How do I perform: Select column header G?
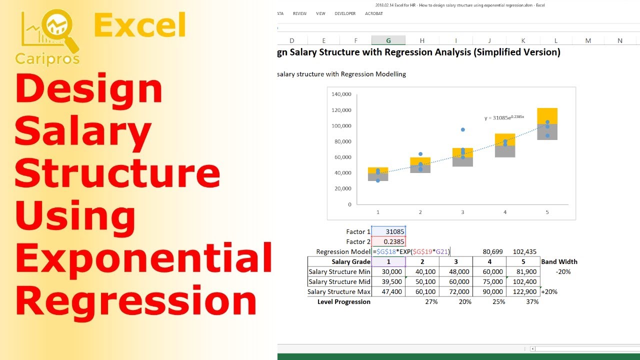click(388, 40)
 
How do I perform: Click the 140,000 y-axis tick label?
click(341, 94)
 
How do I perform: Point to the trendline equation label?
click(504, 117)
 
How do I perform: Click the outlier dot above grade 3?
click(463, 129)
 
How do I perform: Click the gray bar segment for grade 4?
click(505, 151)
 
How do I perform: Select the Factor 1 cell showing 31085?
click(388, 231)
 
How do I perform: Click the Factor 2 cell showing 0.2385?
click(388, 241)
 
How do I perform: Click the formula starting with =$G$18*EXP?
click(411, 251)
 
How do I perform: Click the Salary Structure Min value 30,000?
click(388, 271)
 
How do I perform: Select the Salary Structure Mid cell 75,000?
click(489, 281)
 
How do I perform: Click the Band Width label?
click(559, 261)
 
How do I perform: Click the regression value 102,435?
click(524, 251)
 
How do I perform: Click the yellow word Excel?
click(139, 25)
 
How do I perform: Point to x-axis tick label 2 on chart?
click(420, 212)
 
